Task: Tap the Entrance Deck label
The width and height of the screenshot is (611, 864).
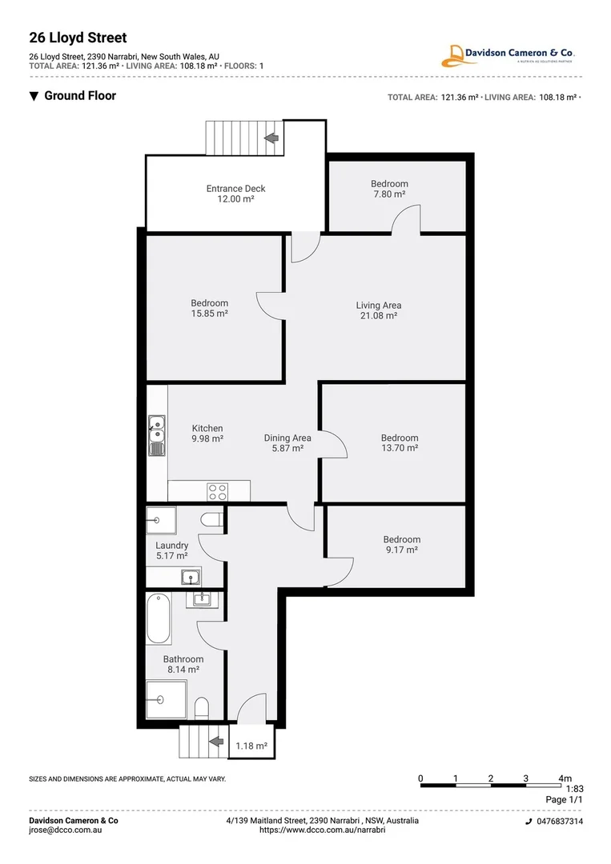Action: tap(235, 194)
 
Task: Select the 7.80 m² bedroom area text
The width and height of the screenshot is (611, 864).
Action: tap(389, 194)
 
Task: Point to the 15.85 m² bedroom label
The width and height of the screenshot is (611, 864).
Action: tap(209, 308)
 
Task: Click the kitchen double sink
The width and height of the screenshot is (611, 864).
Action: tap(156, 435)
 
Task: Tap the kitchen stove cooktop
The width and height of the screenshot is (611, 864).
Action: tap(217, 490)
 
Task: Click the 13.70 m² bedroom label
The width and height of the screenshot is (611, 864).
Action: tap(400, 442)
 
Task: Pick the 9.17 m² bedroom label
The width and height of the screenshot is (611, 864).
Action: tap(401, 545)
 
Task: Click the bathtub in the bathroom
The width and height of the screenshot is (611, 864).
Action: tap(159, 618)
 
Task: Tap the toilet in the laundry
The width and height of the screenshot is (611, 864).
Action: tap(212, 519)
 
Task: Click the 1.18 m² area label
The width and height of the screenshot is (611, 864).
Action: tap(251, 746)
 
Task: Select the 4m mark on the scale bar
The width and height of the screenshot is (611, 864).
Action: tap(565, 778)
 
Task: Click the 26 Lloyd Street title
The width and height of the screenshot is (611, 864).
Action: tap(78, 38)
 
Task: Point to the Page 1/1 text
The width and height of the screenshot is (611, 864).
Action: tap(565, 799)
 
